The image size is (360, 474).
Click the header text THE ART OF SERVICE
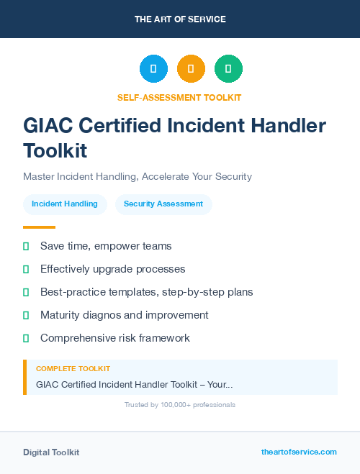click(x=180, y=19)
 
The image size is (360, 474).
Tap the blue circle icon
click(x=153, y=69)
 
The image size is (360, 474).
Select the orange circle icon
click(x=191, y=69)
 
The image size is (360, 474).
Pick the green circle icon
click(x=228, y=69)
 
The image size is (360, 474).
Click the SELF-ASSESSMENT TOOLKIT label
click(x=180, y=97)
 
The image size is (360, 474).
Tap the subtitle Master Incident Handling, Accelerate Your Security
click(x=138, y=176)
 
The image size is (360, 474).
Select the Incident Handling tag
click(x=65, y=204)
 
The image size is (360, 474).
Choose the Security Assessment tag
click(x=163, y=204)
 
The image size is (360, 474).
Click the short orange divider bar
click(x=39, y=227)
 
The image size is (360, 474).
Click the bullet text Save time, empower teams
click(x=106, y=246)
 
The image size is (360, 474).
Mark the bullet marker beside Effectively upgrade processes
click(x=26, y=269)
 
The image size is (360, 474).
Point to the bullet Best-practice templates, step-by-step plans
click(x=146, y=292)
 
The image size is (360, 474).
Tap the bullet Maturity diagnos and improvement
click(x=124, y=315)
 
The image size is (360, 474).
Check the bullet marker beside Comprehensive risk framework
click(x=26, y=338)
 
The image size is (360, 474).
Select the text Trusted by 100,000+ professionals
click(x=180, y=405)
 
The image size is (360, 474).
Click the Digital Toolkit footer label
click(x=51, y=452)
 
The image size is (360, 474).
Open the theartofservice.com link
click(x=299, y=452)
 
